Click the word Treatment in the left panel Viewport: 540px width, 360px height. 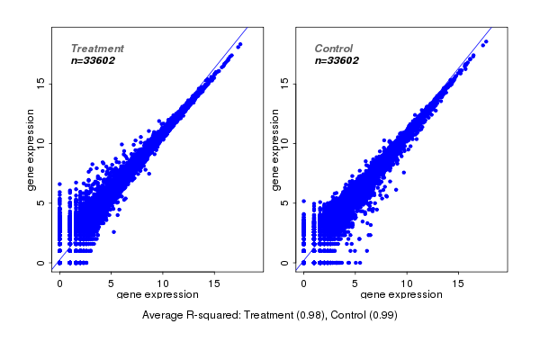click(x=97, y=49)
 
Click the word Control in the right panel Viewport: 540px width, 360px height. click(x=334, y=49)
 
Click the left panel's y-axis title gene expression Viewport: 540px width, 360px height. click(x=32, y=149)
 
